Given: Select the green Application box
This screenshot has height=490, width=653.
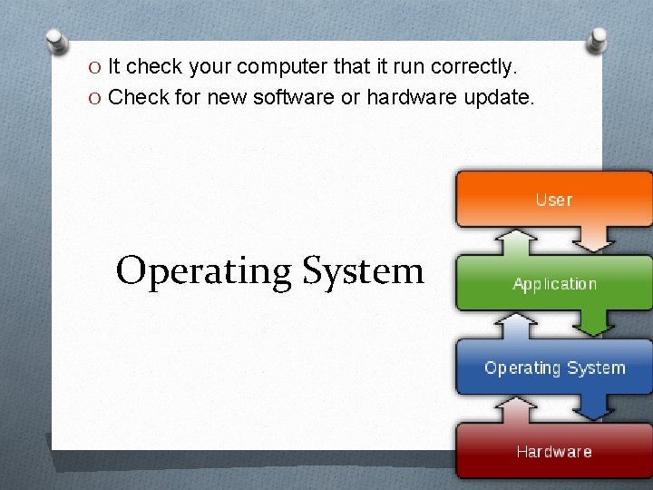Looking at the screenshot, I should click(x=553, y=283).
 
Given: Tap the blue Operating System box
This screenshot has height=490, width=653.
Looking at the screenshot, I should click(x=553, y=367).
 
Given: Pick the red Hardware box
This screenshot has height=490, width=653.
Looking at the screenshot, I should click(x=553, y=451).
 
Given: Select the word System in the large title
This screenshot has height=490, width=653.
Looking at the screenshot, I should click(x=363, y=270).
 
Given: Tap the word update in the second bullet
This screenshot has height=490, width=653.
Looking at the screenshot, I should click(x=498, y=96).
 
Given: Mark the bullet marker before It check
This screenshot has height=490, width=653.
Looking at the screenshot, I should click(x=96, y=67).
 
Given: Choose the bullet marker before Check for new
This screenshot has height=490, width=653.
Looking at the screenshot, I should click(x=96, y=96).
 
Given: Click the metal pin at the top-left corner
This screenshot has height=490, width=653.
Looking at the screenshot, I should click(x=57, y=42).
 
